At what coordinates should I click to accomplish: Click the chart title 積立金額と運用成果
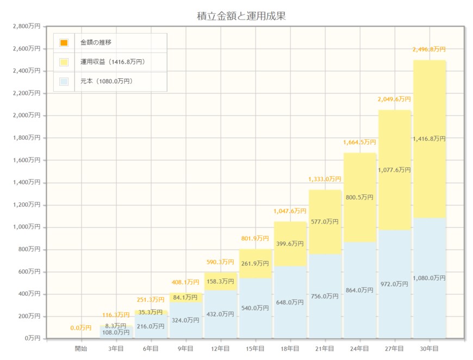(241, 16)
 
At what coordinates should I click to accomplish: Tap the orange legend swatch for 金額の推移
(64, 42)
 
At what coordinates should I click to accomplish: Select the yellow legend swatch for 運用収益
(64, 62)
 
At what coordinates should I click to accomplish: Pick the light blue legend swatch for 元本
(64, 82)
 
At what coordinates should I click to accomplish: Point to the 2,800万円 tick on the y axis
(26, 26)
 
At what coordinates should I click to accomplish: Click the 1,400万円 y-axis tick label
(26, 183)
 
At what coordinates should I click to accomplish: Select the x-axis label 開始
(81, 349)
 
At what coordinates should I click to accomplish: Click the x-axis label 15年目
(255, 349)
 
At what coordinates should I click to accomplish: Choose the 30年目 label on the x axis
(430, 349)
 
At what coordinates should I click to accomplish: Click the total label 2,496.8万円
(430, 49)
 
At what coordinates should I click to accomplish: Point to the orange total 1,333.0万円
(325, 179)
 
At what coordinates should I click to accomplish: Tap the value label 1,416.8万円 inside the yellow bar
(430, 139)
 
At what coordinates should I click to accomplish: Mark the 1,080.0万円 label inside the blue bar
(430, 278)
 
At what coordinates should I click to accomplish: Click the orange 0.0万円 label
(81, 328)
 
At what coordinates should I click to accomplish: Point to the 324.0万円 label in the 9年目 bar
(185, 321)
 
